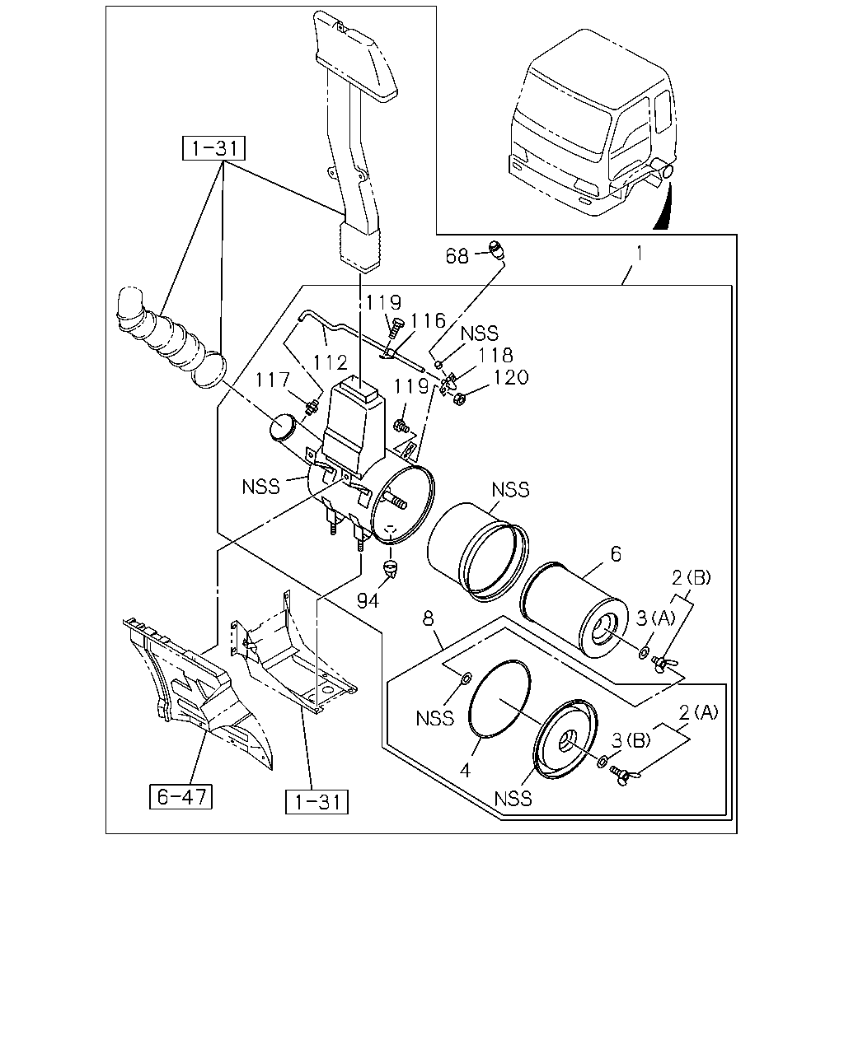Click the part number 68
pos(457,256)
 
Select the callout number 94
pos(368,600)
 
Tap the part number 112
pos(330,363)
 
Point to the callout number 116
pos(428,321)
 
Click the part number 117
pos(273,380)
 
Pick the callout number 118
pos(495,355)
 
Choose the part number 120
pos(511,377)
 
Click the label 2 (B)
pos(692,578)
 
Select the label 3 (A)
pos(656,618)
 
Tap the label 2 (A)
pos(698,712)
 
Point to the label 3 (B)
pos(631,739)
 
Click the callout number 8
pos(428,618)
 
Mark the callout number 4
pos(465,771)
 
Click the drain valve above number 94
pos(390,567)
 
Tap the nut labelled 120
pos(459,399)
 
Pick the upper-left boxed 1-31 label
pos(213,148)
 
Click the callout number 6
pos(616,554)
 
